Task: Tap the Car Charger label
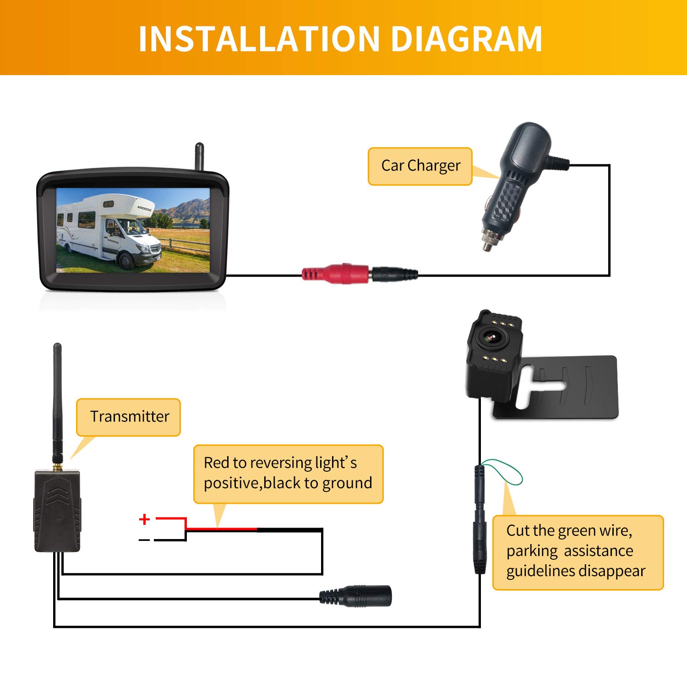pyautogui.click(x=420, y=166)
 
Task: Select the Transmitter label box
pyautogui.click(x=129, y=417)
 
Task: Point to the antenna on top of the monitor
pyautogui.click(x=199, y=156)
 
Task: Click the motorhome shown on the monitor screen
pyautogui.click(x=110, y=231)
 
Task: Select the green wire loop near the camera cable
pyautogui.click(x=506, y=472)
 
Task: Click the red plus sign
pyautogui.click(x=144, y=519)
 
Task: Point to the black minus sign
pyautogui.click(x=144, y=540)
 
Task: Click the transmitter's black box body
pyautogui.click(x=57, y=511)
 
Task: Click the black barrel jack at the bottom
pyautogui.click(x=362, y=596)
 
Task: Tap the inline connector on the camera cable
pyautogui.click(x=480, y=518)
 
